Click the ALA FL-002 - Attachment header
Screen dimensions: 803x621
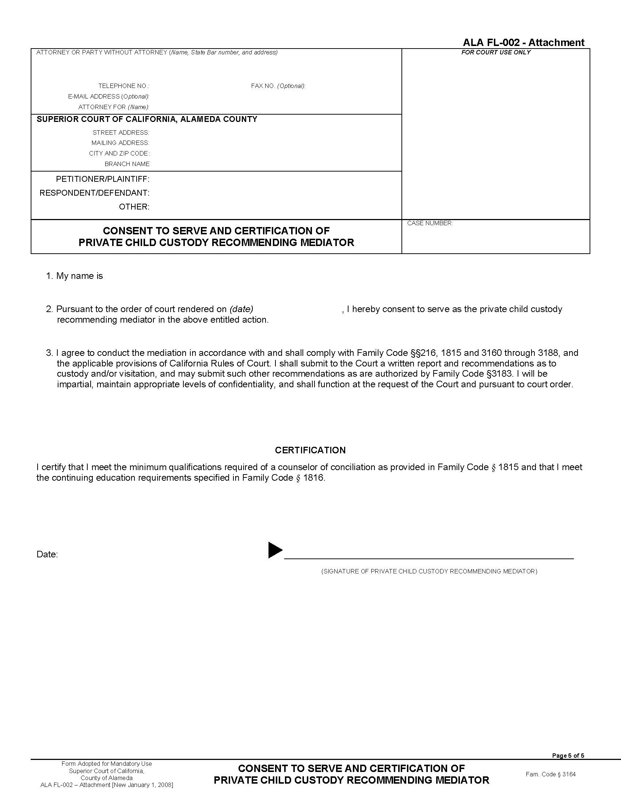523,43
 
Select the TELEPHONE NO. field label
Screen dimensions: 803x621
123,86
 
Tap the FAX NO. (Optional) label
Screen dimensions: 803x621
278,86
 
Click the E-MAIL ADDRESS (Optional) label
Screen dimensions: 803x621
108,97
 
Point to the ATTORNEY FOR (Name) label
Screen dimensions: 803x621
114,107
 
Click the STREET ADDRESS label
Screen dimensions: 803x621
121,133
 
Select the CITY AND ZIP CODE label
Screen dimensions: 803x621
119,153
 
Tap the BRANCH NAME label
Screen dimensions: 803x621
127,164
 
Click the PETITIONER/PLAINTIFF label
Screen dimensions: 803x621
103,179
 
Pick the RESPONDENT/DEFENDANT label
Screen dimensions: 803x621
95,193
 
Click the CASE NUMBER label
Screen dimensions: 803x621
430,223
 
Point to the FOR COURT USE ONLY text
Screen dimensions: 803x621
496,53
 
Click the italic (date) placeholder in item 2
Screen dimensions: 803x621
241,309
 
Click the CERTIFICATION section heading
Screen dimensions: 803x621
310,450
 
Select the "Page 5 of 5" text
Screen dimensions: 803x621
568,756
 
